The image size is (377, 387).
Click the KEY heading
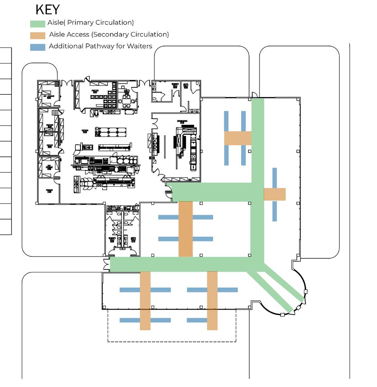(47, 9)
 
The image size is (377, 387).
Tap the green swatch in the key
(38, 24)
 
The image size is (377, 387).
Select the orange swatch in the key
(38, 35)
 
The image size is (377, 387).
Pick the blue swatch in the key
(38, 47)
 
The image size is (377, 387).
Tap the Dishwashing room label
(182, 121)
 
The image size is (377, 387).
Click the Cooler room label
(50, 145)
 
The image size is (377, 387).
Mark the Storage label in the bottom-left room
(49, 191)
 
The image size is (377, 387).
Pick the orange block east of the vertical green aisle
(275, 194)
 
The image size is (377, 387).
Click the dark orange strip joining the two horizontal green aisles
(186, 229)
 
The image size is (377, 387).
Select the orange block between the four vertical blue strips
(237, 138)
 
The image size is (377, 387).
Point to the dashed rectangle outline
(172, 341)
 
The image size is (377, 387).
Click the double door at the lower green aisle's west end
(107, 264)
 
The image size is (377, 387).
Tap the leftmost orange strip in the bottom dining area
(145, 301)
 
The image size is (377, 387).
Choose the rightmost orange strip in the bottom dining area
(212, 301)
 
